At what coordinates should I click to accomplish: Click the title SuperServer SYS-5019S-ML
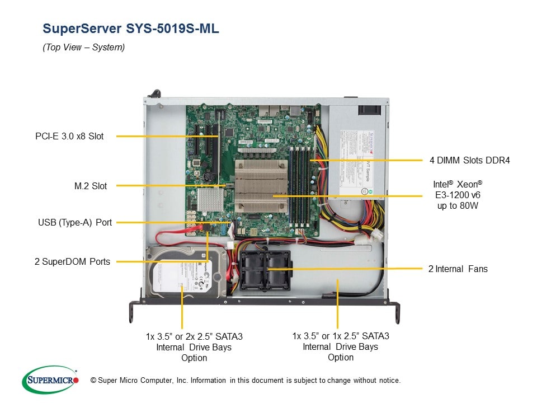131,29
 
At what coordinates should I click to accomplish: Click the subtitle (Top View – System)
84,48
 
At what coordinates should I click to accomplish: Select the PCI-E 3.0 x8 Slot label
69,136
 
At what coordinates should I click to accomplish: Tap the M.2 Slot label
91,186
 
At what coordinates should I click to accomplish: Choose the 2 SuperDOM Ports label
72,261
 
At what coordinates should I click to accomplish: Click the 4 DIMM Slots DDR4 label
469,161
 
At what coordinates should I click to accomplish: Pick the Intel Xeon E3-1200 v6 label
457,195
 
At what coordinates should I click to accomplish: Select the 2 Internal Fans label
458,269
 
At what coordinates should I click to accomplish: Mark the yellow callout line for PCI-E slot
162,136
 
